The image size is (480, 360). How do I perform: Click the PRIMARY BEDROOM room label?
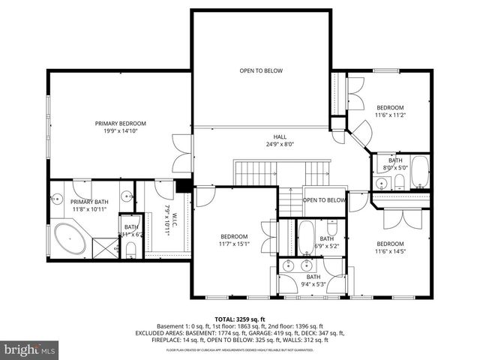tap(120, 123)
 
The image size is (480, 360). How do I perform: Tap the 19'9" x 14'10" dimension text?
tap(120, 131)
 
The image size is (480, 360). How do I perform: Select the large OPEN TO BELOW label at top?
tap(261, 70)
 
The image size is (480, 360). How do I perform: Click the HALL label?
tap(280, 136)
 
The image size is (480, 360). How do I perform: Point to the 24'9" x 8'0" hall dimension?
tap(280, 144)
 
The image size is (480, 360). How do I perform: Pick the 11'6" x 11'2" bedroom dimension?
tap(390, 115)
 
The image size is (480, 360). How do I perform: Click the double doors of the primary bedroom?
tap(180, 153)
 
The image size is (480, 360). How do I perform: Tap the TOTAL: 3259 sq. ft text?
tap(240, 319)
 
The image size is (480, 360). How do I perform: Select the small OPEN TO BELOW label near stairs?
tap(324, 200)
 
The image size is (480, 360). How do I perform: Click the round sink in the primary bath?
tap(56, 200)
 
